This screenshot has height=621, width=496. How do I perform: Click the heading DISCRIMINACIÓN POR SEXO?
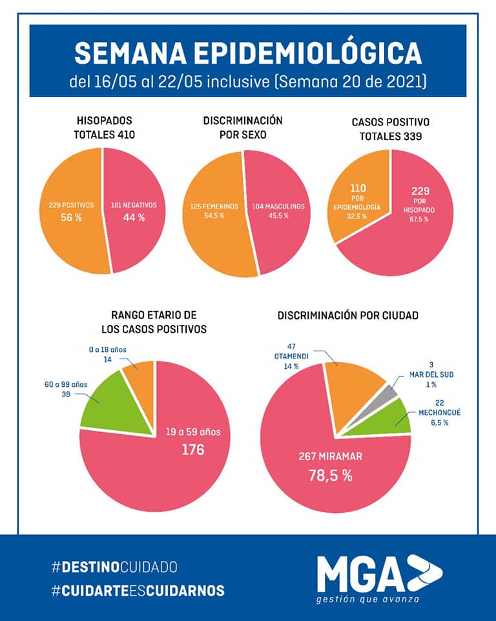243,127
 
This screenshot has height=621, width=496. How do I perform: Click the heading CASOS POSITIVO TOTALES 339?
390,128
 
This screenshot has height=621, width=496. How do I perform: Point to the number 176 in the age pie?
192,449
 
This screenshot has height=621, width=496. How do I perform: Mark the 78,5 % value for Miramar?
329,476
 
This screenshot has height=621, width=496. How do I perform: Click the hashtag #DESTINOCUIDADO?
114,567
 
